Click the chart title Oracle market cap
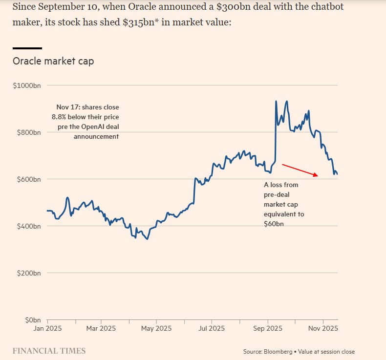pyautogui.click(x=53, y=62)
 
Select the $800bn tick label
pyautogui.click(x=28, y=132)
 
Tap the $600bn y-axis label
pyautogui.click(x=28, y=179)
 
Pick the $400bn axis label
pyautogui.click(x=28, y=226)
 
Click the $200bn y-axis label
pyautogui.click(x=28, y=273)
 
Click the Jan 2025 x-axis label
pyautogui.click(x=47, y=329)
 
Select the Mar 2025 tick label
pyautogui.click(x=101, y=329)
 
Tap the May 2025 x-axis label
pyautogui.click(x=156, y=329)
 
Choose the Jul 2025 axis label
pyautogui.click(x=212, y=329)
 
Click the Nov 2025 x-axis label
pyautogui.click(x=323, y=329)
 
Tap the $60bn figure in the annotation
pyautogui.click(x=274, y=224)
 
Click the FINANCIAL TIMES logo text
pyautogui.click(x=49, y=351)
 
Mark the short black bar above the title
pyautogui.click(x=27, y=48)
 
